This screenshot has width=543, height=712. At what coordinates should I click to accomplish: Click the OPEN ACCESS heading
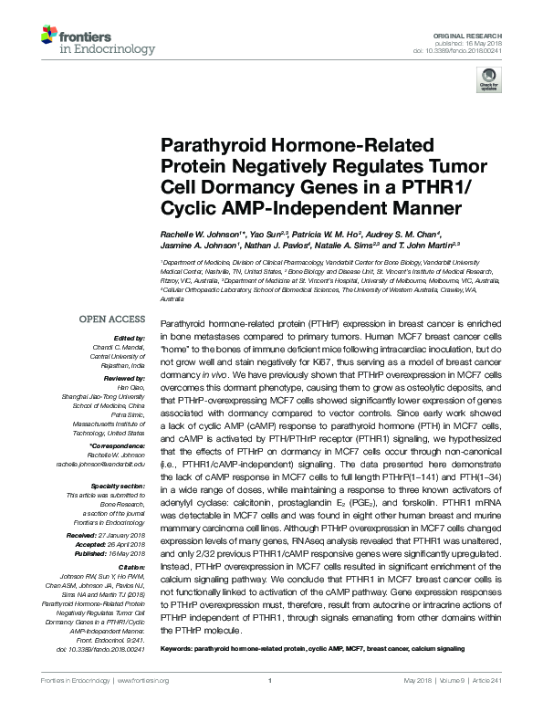(x=111, y=320)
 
